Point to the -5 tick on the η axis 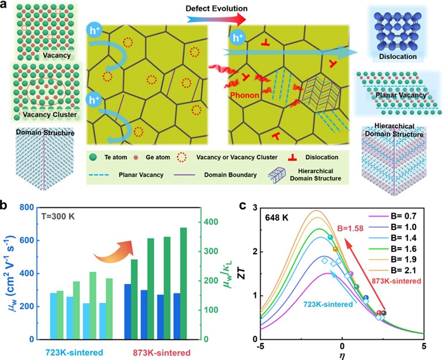coord(261,346)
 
